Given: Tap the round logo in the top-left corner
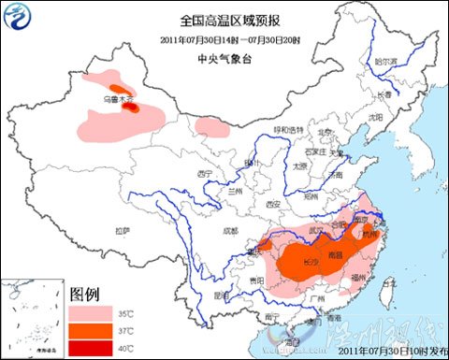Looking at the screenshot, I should (18, 16).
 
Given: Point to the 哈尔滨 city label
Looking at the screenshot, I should (385, 61).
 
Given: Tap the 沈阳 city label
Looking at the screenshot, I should (376, 117).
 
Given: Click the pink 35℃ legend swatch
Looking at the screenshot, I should (93, 307).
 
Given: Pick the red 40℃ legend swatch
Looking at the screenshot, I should (93, 349).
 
